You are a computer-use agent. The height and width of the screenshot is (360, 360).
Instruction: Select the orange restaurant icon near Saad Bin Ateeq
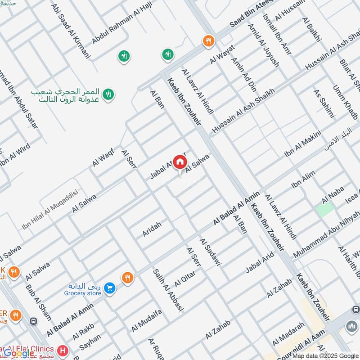click(x=208, y=41)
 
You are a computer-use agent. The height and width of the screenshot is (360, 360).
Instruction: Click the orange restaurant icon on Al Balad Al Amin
click(x=128, y=278)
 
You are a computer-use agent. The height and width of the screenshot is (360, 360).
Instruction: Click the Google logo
click(x=19, y=353)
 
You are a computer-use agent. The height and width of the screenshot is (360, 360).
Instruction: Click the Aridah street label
click(x=152, y=229)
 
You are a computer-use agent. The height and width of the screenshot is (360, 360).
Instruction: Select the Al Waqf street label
click(x=103, y=157)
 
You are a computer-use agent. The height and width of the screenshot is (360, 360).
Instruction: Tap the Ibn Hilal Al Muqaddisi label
click(x=50, y=210)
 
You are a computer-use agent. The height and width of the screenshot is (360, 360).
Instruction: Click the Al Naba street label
click(x=333, y=194)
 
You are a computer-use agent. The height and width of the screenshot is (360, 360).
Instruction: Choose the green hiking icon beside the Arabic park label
click(x=108, y=95)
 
